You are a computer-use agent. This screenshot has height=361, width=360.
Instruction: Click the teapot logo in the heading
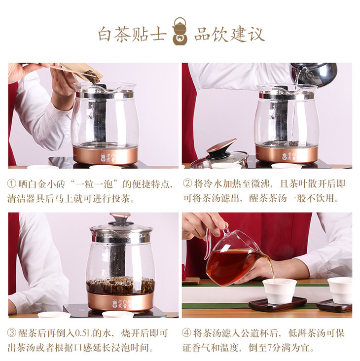180,31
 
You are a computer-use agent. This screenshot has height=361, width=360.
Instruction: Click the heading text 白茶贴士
132,35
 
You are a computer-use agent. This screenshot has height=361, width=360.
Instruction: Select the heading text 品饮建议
229,35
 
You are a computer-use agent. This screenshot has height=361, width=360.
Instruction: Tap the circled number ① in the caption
12,184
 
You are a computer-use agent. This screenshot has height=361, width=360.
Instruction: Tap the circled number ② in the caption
187,184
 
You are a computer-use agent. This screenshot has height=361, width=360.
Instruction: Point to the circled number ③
12,333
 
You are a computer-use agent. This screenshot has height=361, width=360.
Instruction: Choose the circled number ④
187,333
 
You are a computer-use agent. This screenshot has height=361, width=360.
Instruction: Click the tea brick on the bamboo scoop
92,75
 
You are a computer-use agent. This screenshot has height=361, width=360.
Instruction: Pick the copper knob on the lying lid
221,145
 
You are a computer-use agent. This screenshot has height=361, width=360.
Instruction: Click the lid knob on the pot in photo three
120,217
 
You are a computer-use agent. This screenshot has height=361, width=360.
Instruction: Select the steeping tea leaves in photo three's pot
120,285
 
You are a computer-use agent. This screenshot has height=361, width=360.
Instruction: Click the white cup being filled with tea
279,290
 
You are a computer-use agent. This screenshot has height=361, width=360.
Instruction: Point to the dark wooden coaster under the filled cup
277,304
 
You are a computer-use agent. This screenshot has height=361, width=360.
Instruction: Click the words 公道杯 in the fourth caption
255,333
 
